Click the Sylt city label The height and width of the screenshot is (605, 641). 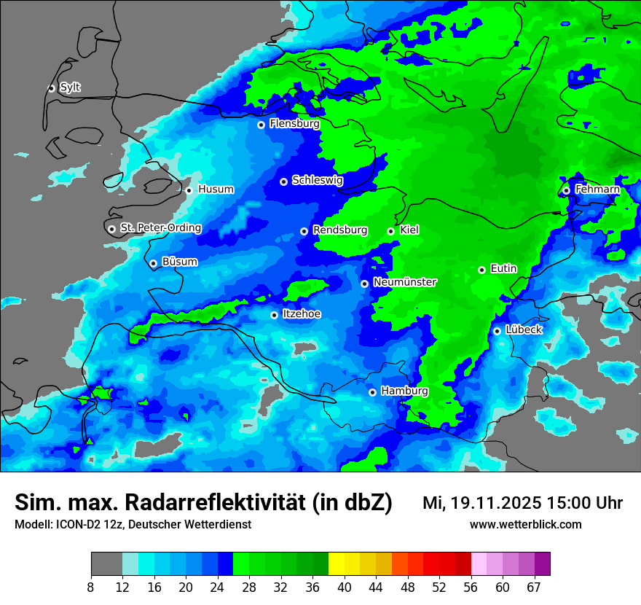(70, 87)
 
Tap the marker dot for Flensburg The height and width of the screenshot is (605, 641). (261, 125)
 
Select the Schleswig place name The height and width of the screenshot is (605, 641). (317, 180)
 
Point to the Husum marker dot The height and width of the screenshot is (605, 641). (189, 190)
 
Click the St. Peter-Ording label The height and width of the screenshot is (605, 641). (160, 227)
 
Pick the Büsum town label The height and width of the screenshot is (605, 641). (179, 262)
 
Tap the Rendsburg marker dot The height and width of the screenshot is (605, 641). (304, 231)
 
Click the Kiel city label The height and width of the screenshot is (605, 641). (409, 230)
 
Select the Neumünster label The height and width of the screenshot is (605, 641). (405, 282)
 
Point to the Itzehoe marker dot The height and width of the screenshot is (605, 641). (274, 315)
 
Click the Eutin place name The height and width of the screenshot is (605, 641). (503, 268)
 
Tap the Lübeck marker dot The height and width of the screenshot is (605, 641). (497, 331)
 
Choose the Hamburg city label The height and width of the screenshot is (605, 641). (404, 391)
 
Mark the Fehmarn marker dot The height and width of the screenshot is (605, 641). (566, 190)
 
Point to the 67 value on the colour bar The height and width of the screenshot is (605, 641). (534, 587)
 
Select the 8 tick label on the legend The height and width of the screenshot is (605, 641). (91, 587)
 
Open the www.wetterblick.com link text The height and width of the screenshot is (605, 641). (525, 524)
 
